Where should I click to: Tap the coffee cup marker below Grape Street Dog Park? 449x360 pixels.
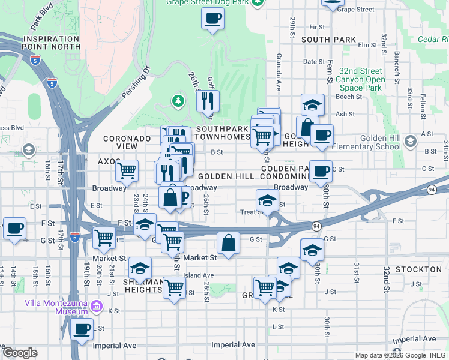click(x=212, y=19)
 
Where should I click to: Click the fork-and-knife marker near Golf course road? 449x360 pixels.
click(x=208, y=102)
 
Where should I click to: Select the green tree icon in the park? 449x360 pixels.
click(x=178, y=100)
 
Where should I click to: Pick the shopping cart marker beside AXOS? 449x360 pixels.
click(x=127, y=171)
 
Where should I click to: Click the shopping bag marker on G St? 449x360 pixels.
click(x=228, y=244)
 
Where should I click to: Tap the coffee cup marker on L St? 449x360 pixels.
click(x=82, y=328)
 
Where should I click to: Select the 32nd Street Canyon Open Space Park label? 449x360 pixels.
click(x=360, y=79)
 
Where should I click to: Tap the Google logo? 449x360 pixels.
click(x=20, y=353)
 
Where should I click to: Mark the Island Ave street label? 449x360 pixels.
click(x=199, y=275)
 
